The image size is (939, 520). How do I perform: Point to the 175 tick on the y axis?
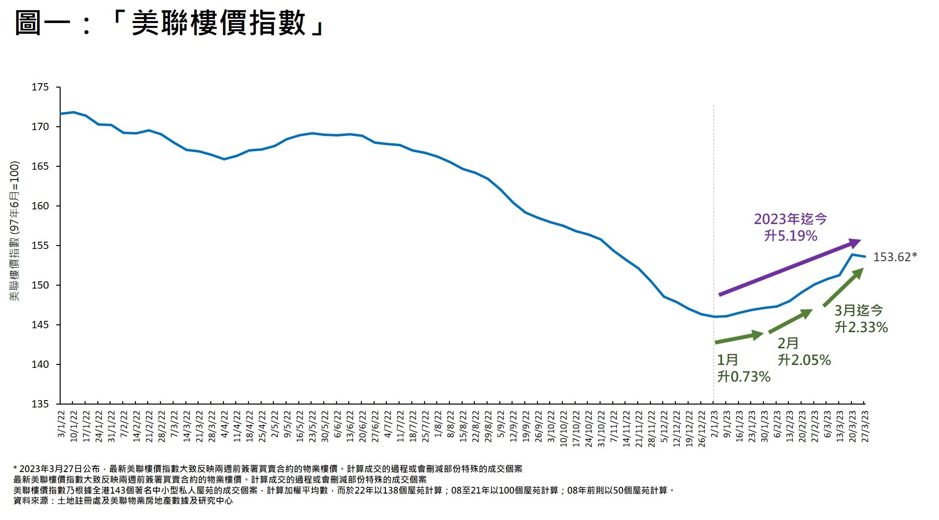(40, 88)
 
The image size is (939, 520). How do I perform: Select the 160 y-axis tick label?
(40, 206)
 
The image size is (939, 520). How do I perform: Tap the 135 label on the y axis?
(40, 404)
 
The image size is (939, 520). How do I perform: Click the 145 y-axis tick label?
(40, 325)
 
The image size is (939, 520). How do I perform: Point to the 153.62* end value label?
(894, 257)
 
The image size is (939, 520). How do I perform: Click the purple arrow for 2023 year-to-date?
(789, 268)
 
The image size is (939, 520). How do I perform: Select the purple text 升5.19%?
(790, 236)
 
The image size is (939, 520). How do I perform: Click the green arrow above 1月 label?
(739, 338)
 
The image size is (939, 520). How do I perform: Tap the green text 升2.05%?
(804, 360)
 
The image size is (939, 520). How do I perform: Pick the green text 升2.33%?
(861, 327)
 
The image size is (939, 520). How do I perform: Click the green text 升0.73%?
(743, 377)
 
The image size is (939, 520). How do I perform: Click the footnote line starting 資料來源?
(123, 501)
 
